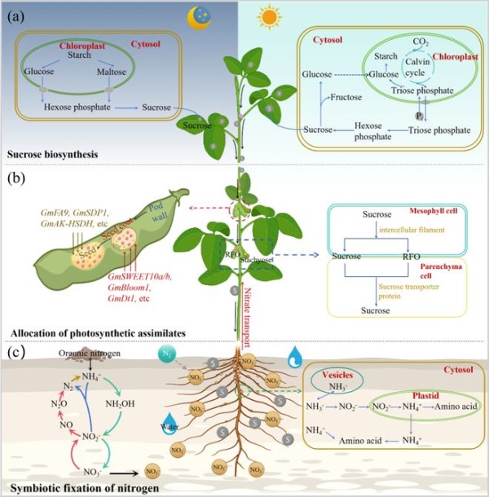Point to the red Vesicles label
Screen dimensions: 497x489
(337, 376)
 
